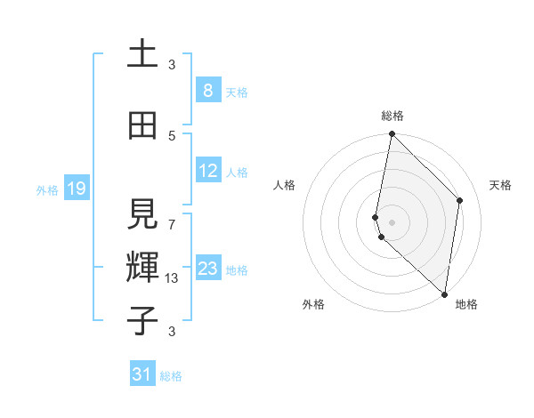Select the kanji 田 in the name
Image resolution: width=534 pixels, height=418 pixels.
point(142,126)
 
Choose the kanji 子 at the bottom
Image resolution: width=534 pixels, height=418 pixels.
point(142,319)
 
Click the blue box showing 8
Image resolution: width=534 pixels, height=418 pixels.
point(207,91)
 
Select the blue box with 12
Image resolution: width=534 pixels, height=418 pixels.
point(208,171)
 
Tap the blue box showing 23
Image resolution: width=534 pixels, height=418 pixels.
point(208,269)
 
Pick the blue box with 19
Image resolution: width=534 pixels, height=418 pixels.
point(76,189)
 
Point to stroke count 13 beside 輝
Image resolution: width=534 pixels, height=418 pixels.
point(173,278)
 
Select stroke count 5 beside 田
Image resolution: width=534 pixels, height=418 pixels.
point(172,135)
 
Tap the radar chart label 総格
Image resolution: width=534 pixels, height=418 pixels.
point(392,116)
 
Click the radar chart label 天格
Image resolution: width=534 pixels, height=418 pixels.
point(500,185)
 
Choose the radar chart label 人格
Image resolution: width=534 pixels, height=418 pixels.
point(284,185)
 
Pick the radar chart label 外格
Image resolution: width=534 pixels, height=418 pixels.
point(313,304)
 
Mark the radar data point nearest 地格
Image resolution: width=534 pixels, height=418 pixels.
point(444,293)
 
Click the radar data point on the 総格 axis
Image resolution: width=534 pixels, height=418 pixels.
point(392,134)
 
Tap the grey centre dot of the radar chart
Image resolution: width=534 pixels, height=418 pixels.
point(392,221)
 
